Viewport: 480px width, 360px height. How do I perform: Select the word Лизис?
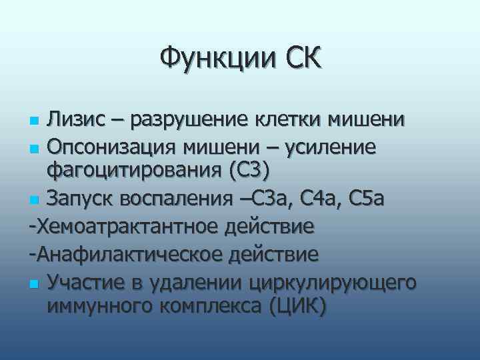tap(76, 120)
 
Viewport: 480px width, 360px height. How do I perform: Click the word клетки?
tap(287, 120)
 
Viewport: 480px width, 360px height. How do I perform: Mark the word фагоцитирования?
tap(133, 171)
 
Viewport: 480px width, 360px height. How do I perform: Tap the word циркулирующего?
tap(333, 283)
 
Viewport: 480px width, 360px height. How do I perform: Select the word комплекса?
tap(203, 308)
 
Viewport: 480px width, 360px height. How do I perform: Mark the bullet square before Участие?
tap(35, 284)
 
